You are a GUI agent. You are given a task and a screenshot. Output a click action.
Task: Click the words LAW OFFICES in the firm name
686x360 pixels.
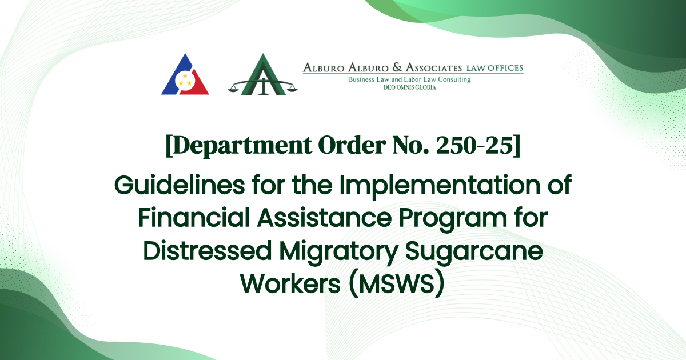point(494,68)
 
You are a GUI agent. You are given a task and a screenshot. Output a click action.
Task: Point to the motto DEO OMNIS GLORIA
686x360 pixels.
point(409,87)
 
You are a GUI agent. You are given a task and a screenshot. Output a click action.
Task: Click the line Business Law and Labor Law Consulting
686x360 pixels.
point(409,79)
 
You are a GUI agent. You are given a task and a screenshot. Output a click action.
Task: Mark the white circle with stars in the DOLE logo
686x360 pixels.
point(185,81)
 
